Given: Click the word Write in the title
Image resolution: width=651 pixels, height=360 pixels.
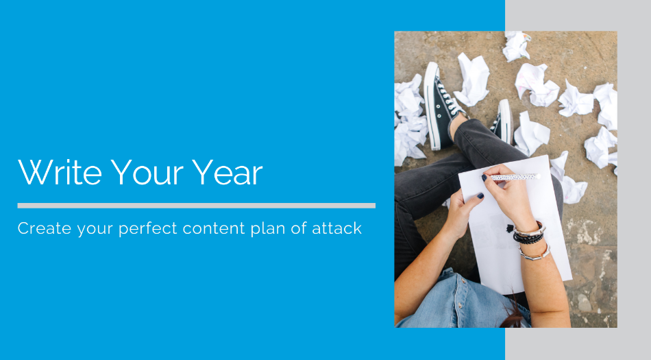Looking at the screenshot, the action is (60, 172).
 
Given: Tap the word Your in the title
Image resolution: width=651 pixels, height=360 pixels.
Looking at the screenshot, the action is (147, 172).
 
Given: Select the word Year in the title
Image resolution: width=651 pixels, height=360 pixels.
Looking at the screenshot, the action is (227, 172).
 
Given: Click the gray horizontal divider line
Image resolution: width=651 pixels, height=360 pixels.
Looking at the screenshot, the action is (197, 206).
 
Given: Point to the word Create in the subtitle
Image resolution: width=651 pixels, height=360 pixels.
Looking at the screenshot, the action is (45, 228).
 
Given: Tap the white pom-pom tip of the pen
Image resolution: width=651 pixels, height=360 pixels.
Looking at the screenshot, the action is (538, 176).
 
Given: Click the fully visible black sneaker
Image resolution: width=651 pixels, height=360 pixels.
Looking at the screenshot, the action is (441, 106).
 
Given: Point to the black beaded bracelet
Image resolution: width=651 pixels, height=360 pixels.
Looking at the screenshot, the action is (528, 238).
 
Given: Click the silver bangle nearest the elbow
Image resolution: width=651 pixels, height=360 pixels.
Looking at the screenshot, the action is (535, 254).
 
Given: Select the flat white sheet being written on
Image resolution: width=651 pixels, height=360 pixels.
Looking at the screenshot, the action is (515, 224).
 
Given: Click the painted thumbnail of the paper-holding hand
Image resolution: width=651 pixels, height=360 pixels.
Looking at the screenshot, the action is (480, 195).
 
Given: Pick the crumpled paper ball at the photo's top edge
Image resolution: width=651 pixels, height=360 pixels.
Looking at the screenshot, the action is (516, 46).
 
